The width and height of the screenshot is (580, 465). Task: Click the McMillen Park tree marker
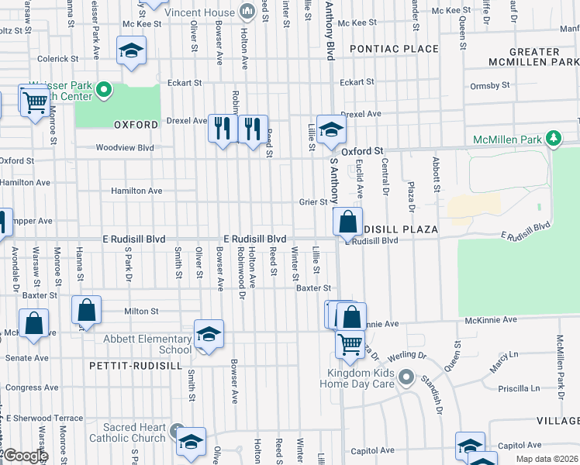point(552,139)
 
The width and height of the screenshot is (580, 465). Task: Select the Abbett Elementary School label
point(147,344)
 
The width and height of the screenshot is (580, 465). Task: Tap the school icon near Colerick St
point(132,52)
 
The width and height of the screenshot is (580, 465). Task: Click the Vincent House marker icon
point(247,10)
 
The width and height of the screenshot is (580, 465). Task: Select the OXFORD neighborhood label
point(130,124)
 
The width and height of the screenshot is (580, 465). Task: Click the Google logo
point(25,456)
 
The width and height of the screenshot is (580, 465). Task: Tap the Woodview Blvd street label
point(124,147)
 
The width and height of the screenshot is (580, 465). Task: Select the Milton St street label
point(141,311)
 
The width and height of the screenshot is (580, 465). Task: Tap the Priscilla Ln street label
point(520,388)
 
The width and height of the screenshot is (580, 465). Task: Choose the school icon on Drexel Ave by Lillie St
point(331,129)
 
